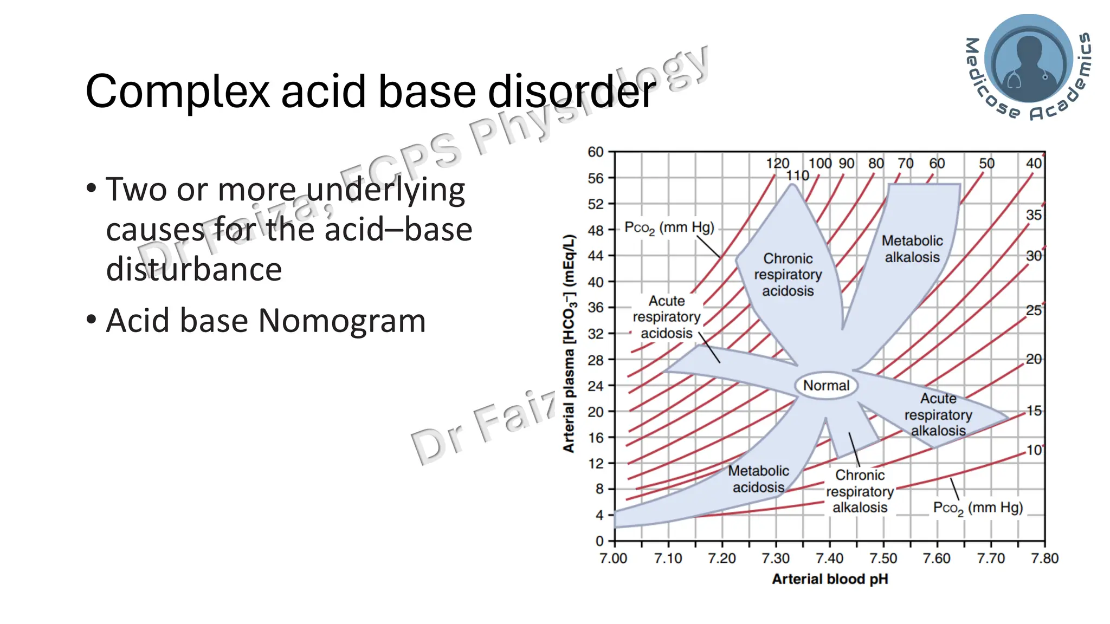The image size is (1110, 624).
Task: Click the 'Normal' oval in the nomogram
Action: click(826, 386)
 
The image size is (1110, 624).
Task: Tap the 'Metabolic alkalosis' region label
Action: click(912, 249)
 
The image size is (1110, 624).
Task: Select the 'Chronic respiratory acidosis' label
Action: click(788, 275)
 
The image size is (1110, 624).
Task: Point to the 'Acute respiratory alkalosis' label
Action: click(938, 415)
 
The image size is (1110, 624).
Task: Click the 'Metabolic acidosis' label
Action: click(758, 479)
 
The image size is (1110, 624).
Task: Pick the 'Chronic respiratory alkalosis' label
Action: click(860, 491)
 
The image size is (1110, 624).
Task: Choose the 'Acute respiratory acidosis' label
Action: click(667, 317)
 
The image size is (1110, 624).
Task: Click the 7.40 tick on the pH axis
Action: click(830, 558)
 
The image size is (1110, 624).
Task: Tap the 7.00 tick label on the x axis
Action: click(614, 558)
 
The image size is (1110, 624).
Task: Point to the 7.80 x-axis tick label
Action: click(1044, 558)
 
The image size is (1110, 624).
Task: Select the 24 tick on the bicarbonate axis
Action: click(596, 386)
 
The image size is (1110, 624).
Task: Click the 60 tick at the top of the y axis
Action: click(596, 152)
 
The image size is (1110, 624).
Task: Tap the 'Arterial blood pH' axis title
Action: click(830, 579)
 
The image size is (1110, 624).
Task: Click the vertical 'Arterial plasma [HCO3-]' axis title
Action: click(569, 343)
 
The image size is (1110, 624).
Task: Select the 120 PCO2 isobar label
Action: click(777, 164)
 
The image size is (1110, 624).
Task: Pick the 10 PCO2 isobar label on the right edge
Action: click(1034, 450)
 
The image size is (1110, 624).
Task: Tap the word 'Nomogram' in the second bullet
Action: click(342, 321)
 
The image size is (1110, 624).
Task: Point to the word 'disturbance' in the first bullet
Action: click(194, 269)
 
